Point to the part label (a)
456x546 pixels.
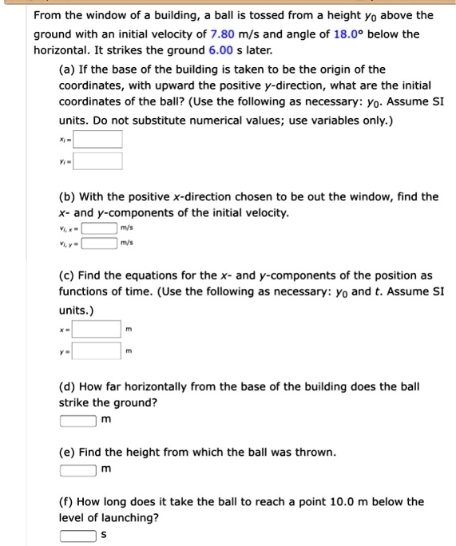(x=68, y=69)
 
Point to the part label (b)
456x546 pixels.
(x=68, y=196)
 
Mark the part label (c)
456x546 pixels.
(x=68, y=275)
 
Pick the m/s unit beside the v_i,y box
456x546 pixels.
(x=126, y=243)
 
